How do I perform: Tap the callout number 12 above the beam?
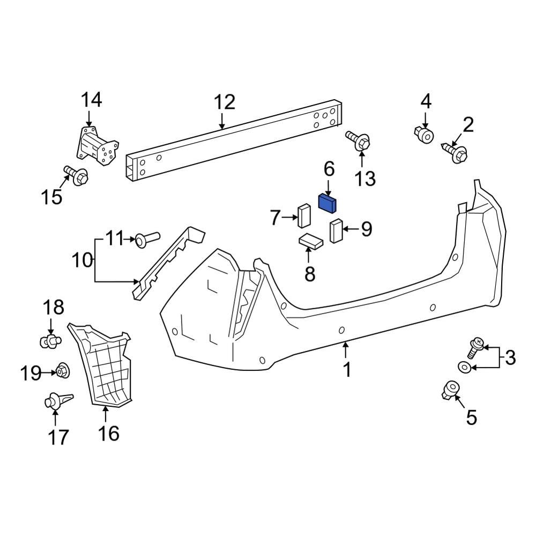(x=225, y=102)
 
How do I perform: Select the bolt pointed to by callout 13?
(x=360, y=141)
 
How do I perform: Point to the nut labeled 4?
(x=425, y=135)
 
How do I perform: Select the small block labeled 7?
(x=304, y=216)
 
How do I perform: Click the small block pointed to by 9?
(x=336, y=230)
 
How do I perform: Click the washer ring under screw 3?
(x=464, y=367)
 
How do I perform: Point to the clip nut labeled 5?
(x=450, y=389)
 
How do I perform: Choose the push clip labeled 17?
(x=56, y=401)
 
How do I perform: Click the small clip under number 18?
(x=51, y=340)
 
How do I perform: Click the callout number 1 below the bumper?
(x=347, y=369)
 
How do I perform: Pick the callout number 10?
(x=82, y=261)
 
